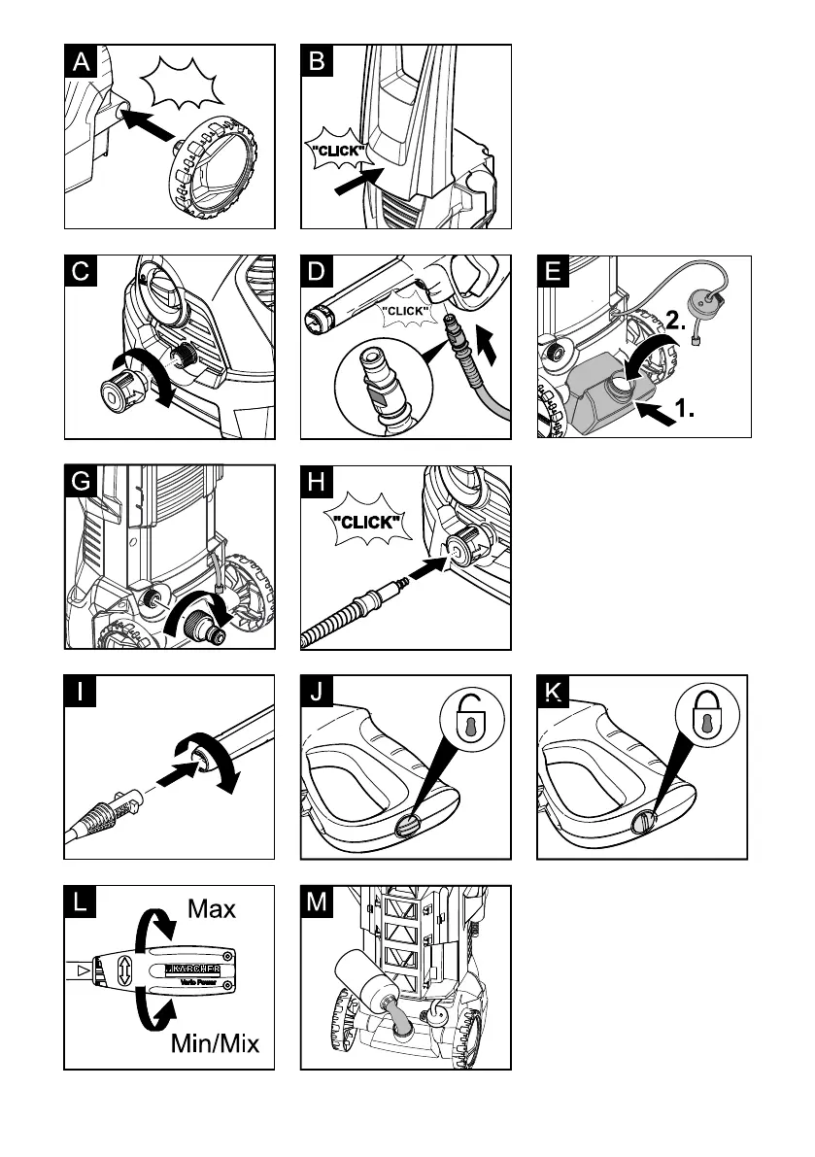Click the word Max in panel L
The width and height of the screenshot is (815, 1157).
212,909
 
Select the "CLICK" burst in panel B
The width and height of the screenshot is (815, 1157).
334,154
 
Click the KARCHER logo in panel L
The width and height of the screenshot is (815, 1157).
193,968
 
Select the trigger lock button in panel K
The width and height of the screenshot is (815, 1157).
641,823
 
